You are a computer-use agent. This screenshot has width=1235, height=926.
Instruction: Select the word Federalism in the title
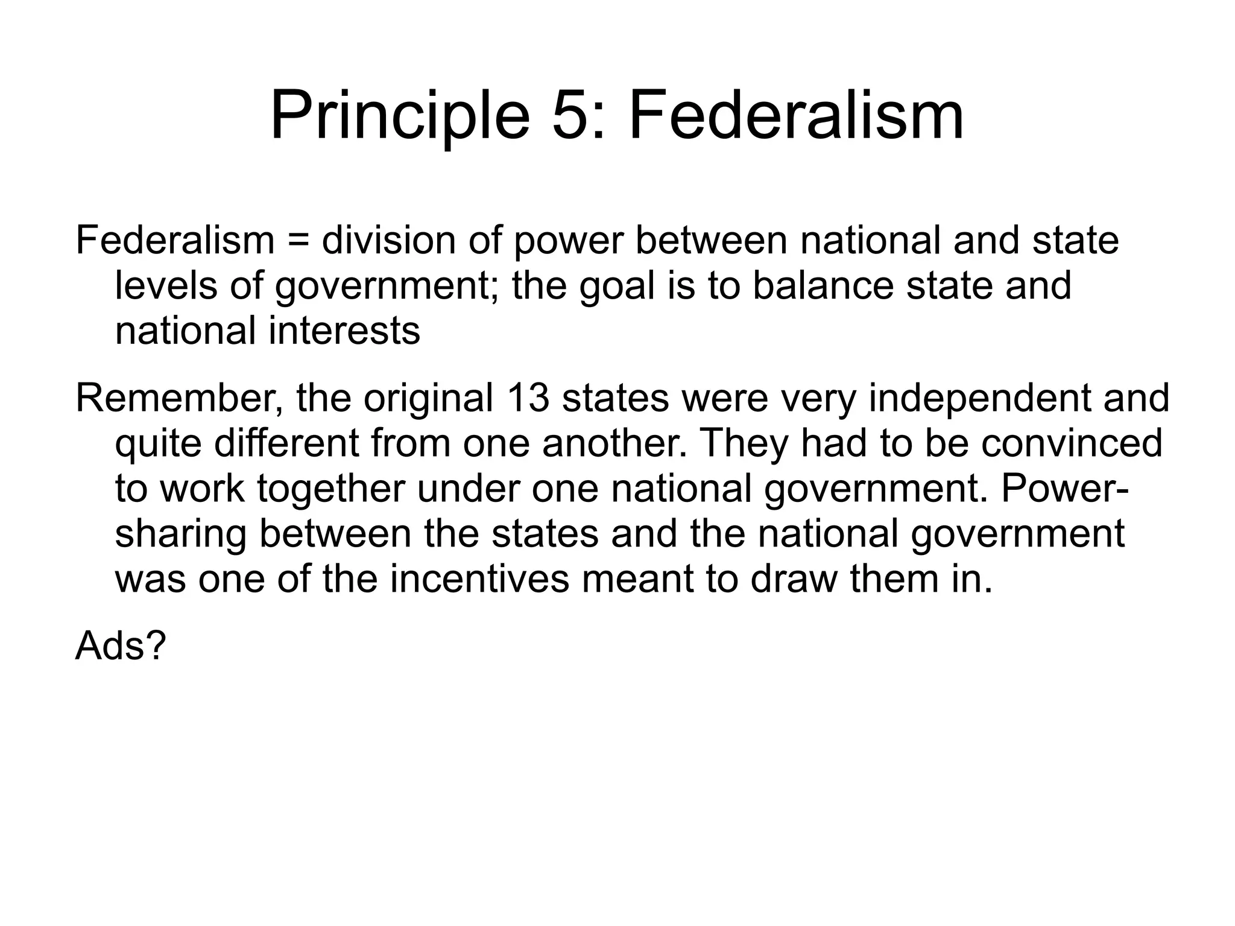tap(796, 116)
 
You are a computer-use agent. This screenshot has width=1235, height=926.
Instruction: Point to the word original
tap(428, 399)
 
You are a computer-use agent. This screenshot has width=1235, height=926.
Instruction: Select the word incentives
tap(479, 579)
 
